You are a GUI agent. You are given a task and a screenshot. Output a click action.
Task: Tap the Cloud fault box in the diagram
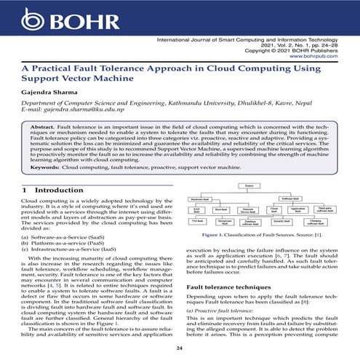275,209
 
